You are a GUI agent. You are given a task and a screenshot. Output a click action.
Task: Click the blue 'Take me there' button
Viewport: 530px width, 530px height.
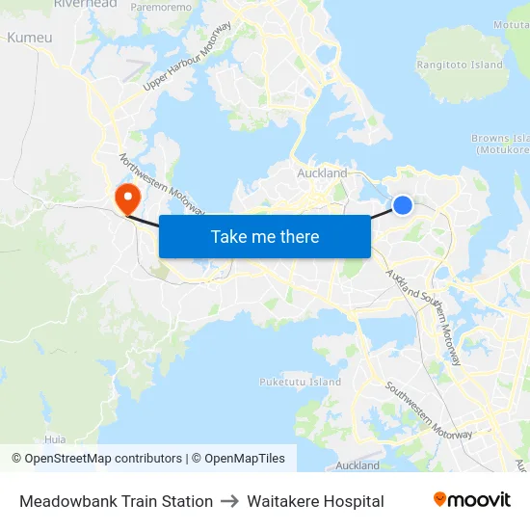(265, 236)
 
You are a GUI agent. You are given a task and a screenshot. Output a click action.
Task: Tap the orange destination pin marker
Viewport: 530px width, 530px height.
(126, 199)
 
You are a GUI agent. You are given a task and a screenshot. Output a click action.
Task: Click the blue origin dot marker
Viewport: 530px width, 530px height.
(403, 204)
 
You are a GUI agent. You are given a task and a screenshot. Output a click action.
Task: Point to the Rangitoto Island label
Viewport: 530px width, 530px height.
(460, 65)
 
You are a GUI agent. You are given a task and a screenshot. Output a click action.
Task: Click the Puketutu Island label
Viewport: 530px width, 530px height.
(300, 382)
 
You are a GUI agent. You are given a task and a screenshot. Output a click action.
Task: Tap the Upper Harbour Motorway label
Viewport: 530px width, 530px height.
(188, 58)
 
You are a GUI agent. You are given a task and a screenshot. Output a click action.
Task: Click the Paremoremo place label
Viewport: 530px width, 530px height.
(161, 7)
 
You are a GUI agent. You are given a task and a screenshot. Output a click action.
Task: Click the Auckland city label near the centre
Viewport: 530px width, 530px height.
(322, 173)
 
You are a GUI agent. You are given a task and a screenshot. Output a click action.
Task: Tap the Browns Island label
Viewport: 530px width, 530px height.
(500, 144)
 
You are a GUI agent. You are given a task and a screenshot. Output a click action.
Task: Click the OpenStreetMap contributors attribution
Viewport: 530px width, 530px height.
(96, 459)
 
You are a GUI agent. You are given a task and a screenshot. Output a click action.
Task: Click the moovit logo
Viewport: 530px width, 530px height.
(471, 500)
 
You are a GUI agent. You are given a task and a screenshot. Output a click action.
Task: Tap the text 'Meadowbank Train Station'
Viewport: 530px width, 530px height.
(116, 501)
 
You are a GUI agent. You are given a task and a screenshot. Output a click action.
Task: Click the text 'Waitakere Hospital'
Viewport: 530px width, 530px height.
(315, 501)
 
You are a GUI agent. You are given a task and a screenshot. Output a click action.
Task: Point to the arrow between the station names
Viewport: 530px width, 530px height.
(229, 501)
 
